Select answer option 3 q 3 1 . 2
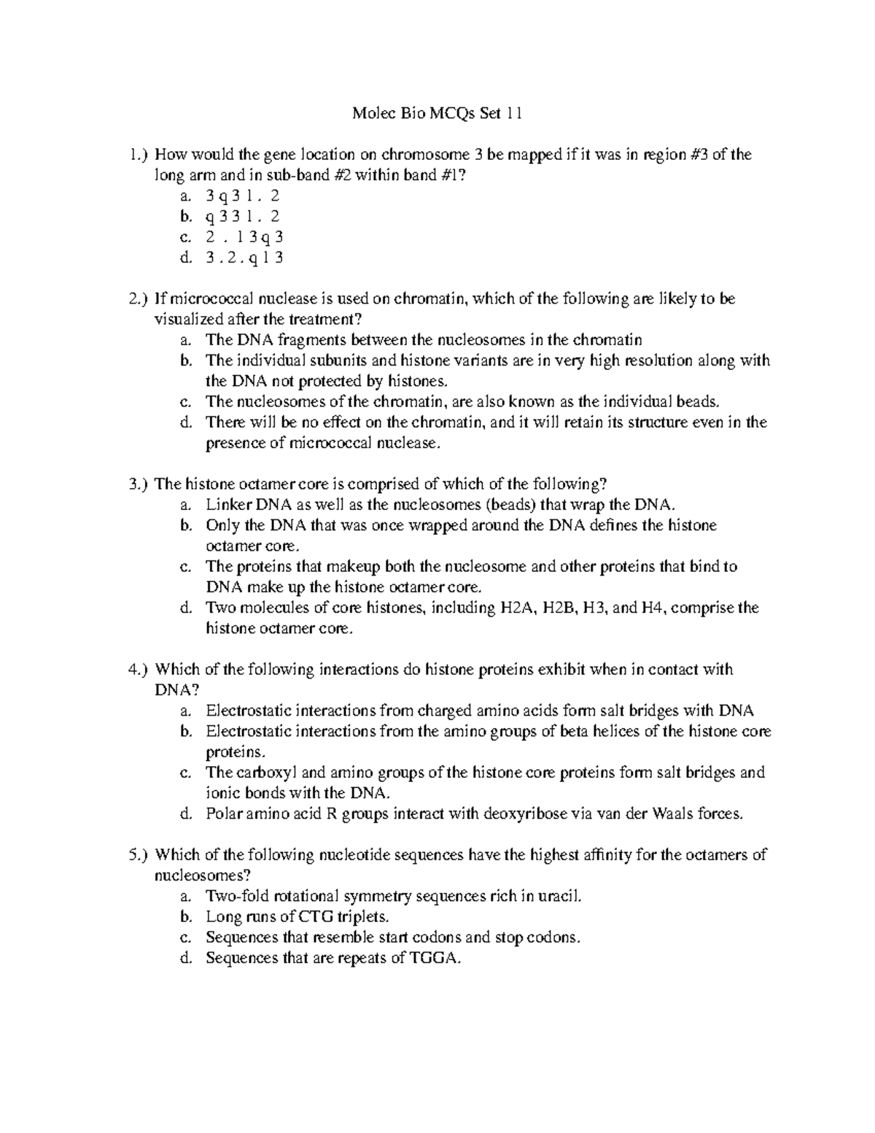[243, 196]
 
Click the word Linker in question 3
[228, 505]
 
